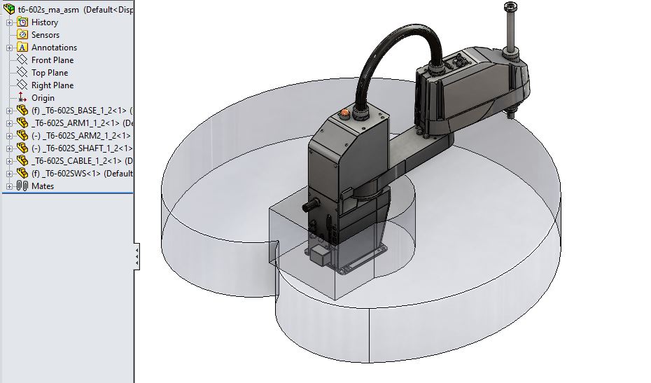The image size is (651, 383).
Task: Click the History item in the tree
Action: click(44, 22)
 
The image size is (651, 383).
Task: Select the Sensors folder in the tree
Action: click(45, 35)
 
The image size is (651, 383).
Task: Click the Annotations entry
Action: click(54, 48)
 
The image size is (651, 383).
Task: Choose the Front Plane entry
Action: click(52, 60)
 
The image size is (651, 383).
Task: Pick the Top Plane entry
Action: click(49, 73)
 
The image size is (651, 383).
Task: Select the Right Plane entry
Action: click(52, 85)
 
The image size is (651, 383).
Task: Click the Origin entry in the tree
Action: click(42, 98)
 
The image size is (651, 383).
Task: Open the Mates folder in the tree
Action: click(42, 186)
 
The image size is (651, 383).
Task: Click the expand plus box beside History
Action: click(9, 22)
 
